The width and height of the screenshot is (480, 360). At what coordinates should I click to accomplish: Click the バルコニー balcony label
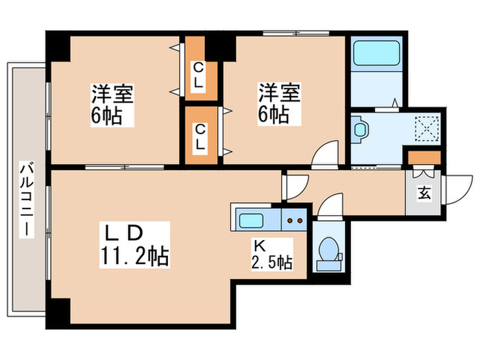(x=26, y=199)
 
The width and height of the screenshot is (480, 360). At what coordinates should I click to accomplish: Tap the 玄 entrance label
(x=424, y=193)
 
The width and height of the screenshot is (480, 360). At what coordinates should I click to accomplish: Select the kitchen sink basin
(x=251, y=221)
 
